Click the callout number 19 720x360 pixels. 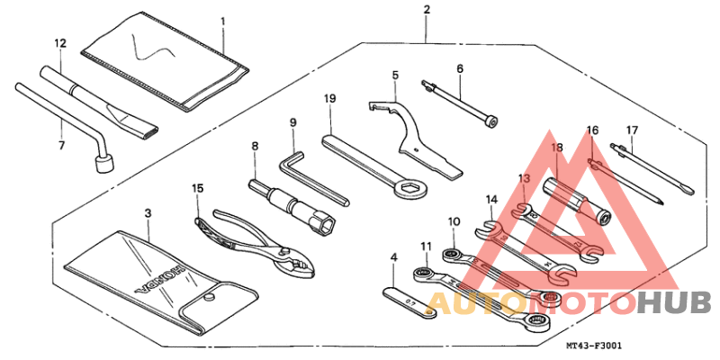[329, 99]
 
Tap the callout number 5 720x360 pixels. [395, 75]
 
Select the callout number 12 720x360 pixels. [60, 43]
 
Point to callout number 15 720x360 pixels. [198, 188]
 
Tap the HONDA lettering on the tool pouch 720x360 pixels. [162, 279]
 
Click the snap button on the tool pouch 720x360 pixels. [209, 297]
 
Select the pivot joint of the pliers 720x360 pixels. [282, 252]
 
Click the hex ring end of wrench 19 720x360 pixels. [410, 188]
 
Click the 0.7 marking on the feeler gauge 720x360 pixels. [412, 302]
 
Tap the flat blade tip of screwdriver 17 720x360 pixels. [690, 192]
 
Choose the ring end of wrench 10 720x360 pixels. [452, 254]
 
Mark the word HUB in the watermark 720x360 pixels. [673, 303]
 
